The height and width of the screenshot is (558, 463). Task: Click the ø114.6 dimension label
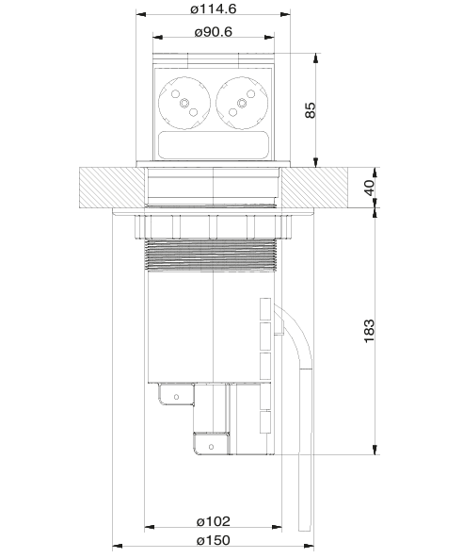click(x=214, y=8)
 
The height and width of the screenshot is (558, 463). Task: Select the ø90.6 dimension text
click(x=214, y=32)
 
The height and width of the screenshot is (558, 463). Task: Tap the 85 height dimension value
click(x=311, y=110)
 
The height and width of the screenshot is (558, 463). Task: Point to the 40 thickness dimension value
click(x=369, y=188)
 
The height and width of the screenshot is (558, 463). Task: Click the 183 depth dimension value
click(x=369, y=331)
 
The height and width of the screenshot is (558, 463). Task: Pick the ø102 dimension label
click(x=214, y=521)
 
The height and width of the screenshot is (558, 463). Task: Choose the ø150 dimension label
click(x=214, y=540)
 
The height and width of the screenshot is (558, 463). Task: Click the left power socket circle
click(x=184, y=103)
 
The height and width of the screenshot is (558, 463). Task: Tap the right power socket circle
click(x=242, y=103)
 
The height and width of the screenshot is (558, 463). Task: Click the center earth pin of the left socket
click(x=184, y=103)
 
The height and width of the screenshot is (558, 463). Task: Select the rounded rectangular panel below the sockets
click(x=214, y=144)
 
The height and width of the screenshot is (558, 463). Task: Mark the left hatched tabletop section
click(x=112, y=188)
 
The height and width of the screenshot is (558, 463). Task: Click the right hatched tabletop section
click(x=314, y=188)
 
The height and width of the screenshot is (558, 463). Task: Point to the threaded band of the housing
click(x=211, y=255)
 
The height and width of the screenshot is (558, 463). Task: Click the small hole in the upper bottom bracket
click(x=176, y=397)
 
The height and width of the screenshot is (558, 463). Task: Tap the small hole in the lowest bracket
click(x=211, y=447)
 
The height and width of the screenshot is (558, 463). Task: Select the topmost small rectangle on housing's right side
click(x=265, y=308)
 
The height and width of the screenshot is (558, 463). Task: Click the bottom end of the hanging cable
click(x=305, y=531)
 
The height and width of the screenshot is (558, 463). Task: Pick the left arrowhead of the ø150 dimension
click(x=118, y=546)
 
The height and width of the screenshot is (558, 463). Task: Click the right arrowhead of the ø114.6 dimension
click(x=285, y=14)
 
